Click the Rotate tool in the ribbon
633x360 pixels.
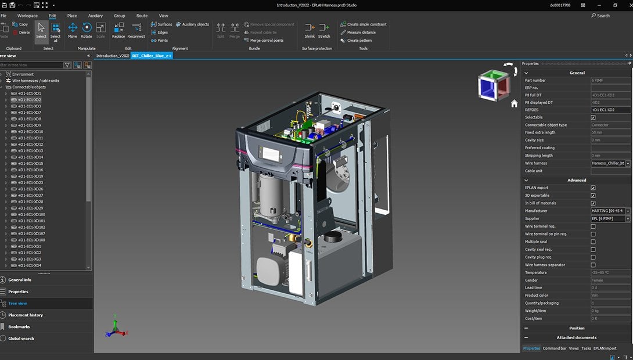pos(87,30)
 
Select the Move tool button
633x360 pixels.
pos(73,30)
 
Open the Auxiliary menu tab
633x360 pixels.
pos(95,16)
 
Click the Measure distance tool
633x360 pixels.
pos(361,33)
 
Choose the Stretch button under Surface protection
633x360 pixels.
pos(324,30)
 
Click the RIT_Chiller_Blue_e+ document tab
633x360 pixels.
pos(152,56)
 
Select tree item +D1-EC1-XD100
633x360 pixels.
pos(31,214)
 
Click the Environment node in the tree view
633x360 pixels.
pos(23,74)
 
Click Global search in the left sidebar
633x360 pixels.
pos(21,339)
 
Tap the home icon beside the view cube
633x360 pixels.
pos(514,103)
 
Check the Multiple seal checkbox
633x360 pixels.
pos(593,242)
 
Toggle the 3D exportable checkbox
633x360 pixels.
pos(593,196)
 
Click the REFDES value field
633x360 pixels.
pos(610,110)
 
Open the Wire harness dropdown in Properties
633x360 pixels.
pos(628,164)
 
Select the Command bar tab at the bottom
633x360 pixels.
pos(555,348)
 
